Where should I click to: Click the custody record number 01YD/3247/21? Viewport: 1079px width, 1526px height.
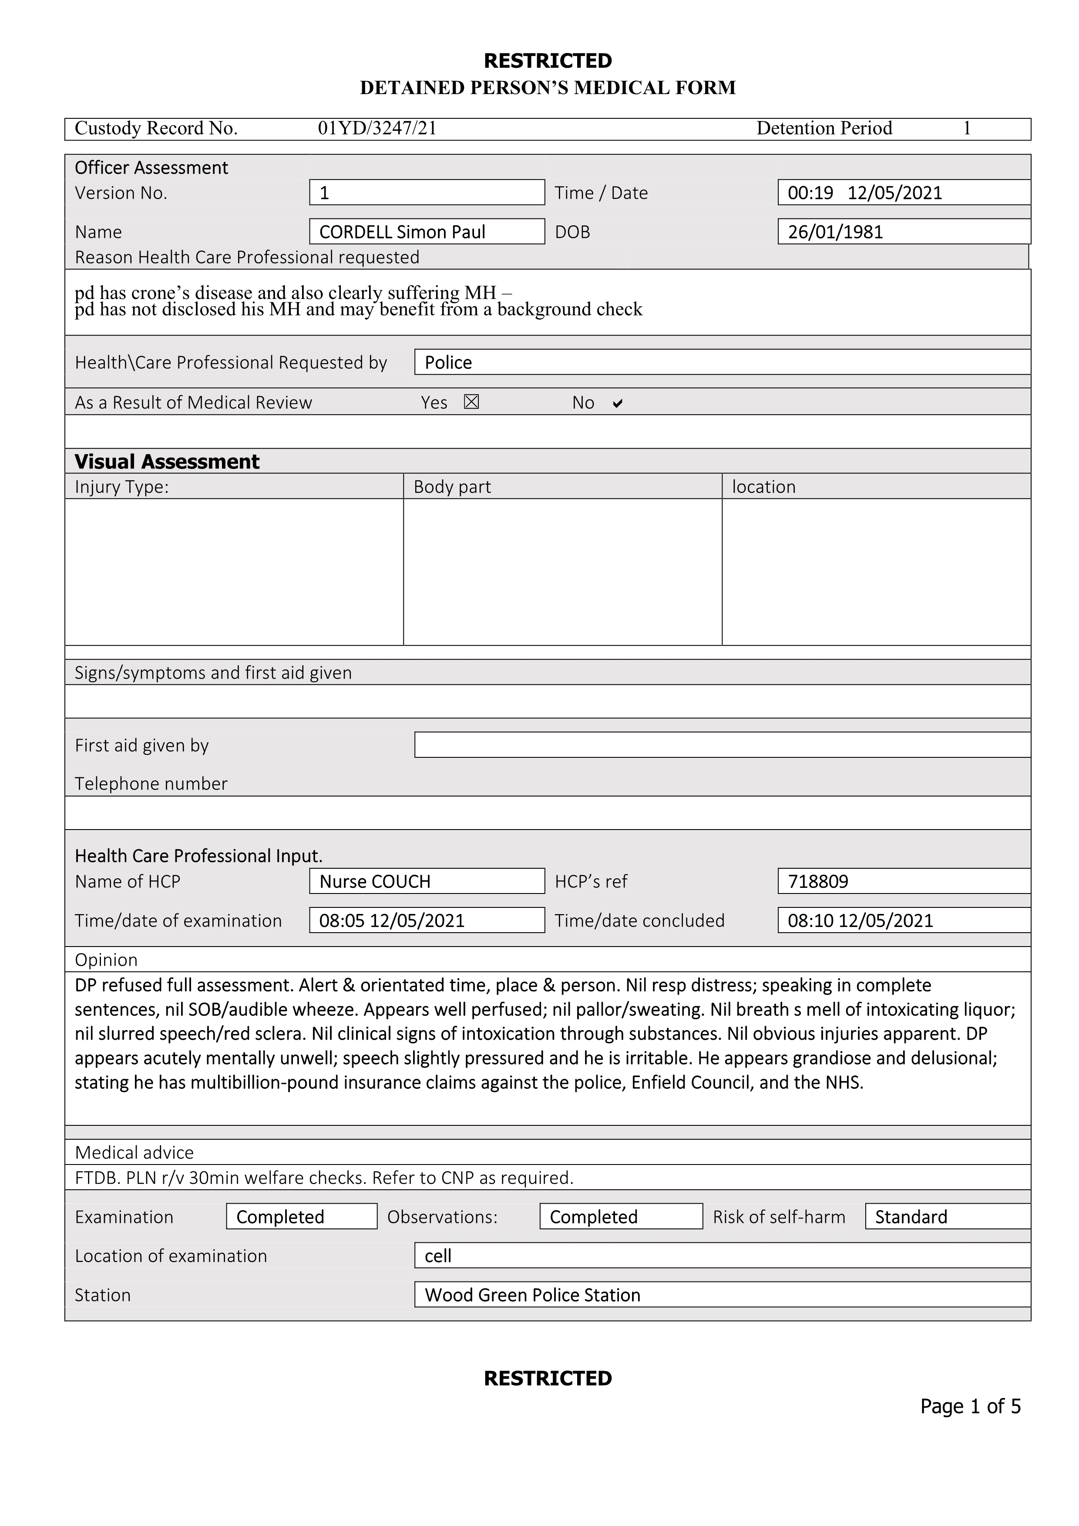377,128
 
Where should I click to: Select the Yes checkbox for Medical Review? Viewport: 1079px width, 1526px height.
471,402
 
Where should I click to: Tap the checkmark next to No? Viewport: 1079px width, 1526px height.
618,403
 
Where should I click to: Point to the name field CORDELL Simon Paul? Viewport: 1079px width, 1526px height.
402,232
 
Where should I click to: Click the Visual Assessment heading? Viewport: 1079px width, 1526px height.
166,461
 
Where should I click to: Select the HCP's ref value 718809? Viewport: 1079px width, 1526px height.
818,881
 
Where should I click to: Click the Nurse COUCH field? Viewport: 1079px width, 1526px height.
375,881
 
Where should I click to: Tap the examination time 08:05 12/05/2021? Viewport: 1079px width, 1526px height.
392,920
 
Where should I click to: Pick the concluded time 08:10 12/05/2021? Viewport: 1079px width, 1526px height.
860,920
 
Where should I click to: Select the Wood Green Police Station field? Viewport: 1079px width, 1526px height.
532,1295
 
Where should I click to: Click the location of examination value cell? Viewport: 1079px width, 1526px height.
438,1255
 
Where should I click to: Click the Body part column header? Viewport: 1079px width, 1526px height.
452,486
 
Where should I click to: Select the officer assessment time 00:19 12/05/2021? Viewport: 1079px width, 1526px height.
865,193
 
